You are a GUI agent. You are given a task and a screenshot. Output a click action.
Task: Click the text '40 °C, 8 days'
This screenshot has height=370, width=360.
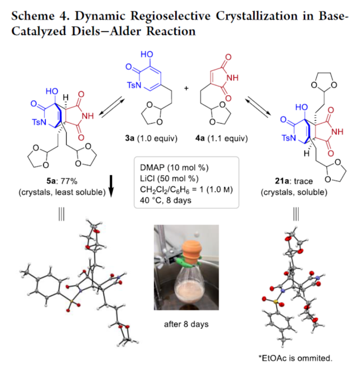tap(161, 202)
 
